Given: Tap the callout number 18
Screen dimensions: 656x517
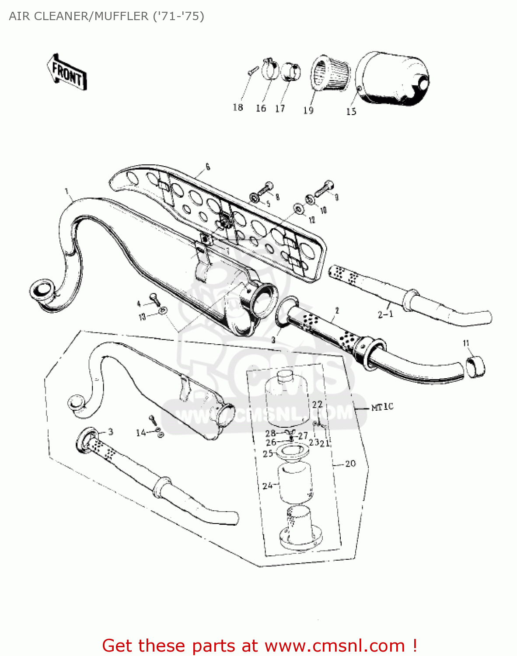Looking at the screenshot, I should [x=238, y=107].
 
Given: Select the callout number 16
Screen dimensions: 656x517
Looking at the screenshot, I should [x=261, y=108].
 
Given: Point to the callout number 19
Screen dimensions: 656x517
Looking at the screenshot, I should [x=308, y=110].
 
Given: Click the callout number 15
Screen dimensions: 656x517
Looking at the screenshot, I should [x=351, y=112].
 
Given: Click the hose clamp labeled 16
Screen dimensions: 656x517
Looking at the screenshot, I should [x=270, y=69].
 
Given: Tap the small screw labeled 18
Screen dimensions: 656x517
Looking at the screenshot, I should [x=251, y=71].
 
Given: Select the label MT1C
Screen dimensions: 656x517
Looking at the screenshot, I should [x=382, y=407].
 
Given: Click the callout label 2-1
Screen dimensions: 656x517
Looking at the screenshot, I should [x=385, y=314].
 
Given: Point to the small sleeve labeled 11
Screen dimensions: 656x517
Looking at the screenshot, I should [x=475, y=366].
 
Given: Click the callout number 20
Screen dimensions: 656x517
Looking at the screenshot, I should [x=350, y=464].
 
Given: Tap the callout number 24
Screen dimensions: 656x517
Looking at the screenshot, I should [x=267, y=485].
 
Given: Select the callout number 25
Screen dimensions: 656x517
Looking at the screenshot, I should [x=268, y=454].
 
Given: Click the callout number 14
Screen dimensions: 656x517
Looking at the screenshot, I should [x=141, y=433].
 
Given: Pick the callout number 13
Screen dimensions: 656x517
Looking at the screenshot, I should [x=142, y=317].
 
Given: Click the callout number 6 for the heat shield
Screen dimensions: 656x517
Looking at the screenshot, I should [x=207, y=167].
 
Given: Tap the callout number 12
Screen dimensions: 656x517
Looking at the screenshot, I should [x=312, y=220].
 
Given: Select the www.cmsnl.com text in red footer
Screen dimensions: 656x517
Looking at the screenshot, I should [x=335, y=646].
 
